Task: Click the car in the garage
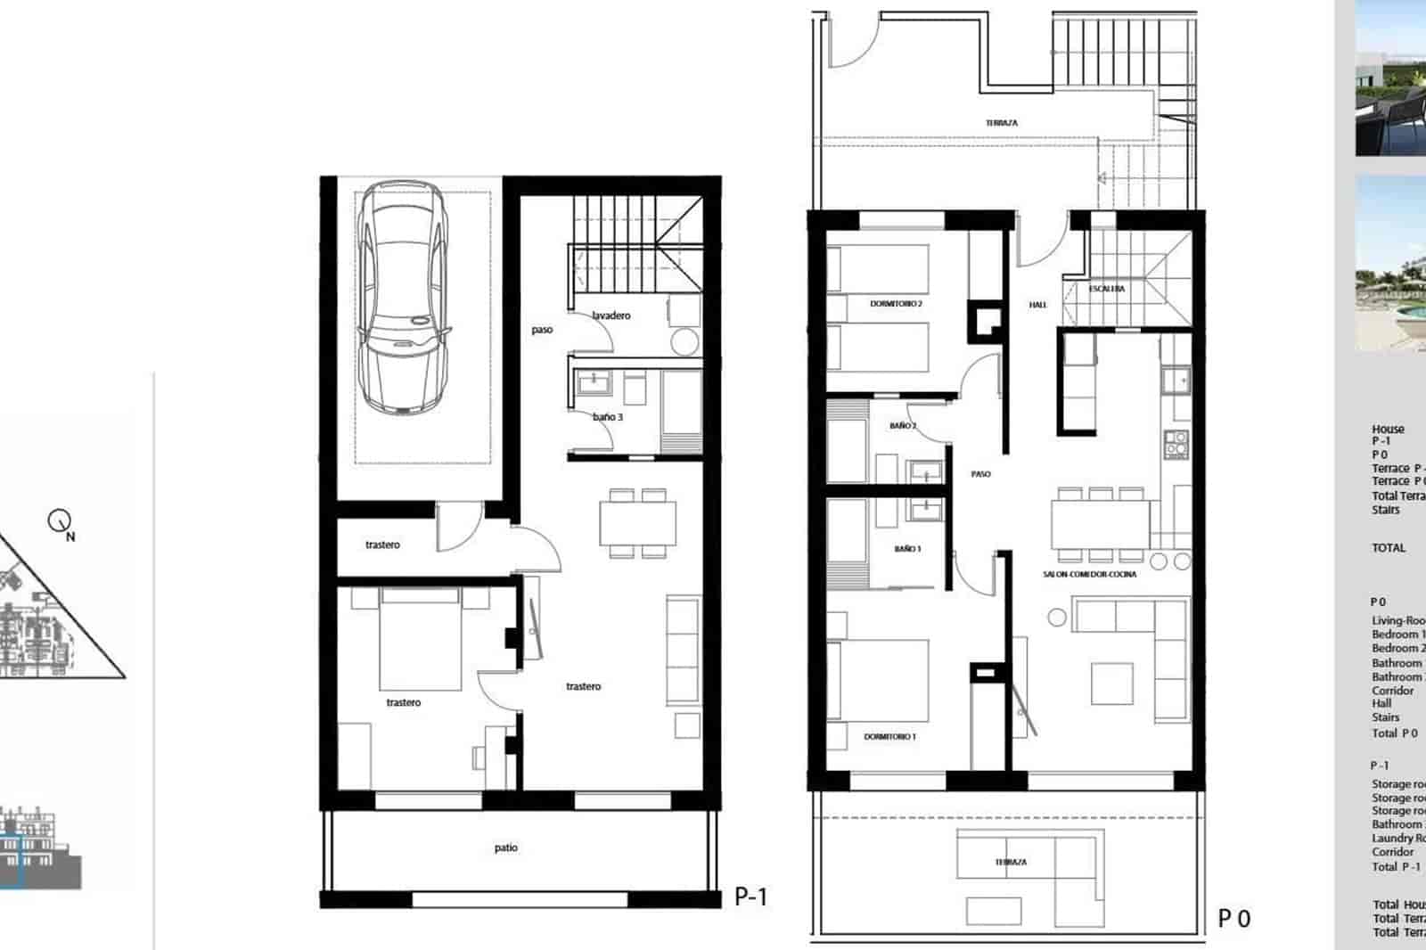click(400, 297)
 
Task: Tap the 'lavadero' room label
click(611, 315)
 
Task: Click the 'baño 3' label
click(608, 417)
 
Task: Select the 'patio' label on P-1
click(506, 848)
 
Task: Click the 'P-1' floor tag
click(750, 897)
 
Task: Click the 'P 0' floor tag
click(1234, 918)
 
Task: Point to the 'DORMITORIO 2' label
click(896, 304)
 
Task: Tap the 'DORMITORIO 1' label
click(889, 737)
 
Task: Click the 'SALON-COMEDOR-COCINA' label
click(1089, 575)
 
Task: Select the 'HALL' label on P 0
click(1037, 305)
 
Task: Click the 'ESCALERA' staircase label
click(1106, 289)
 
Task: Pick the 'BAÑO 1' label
click(907, 549)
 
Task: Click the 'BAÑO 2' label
click(902, 426)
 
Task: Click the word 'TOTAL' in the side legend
click(1389, 548)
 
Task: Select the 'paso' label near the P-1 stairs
click(542, 330)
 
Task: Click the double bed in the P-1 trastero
click(421, 639)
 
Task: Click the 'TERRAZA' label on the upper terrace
click(1001, 123)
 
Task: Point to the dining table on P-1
click(637, 523)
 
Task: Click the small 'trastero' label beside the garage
click(382, 545)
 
